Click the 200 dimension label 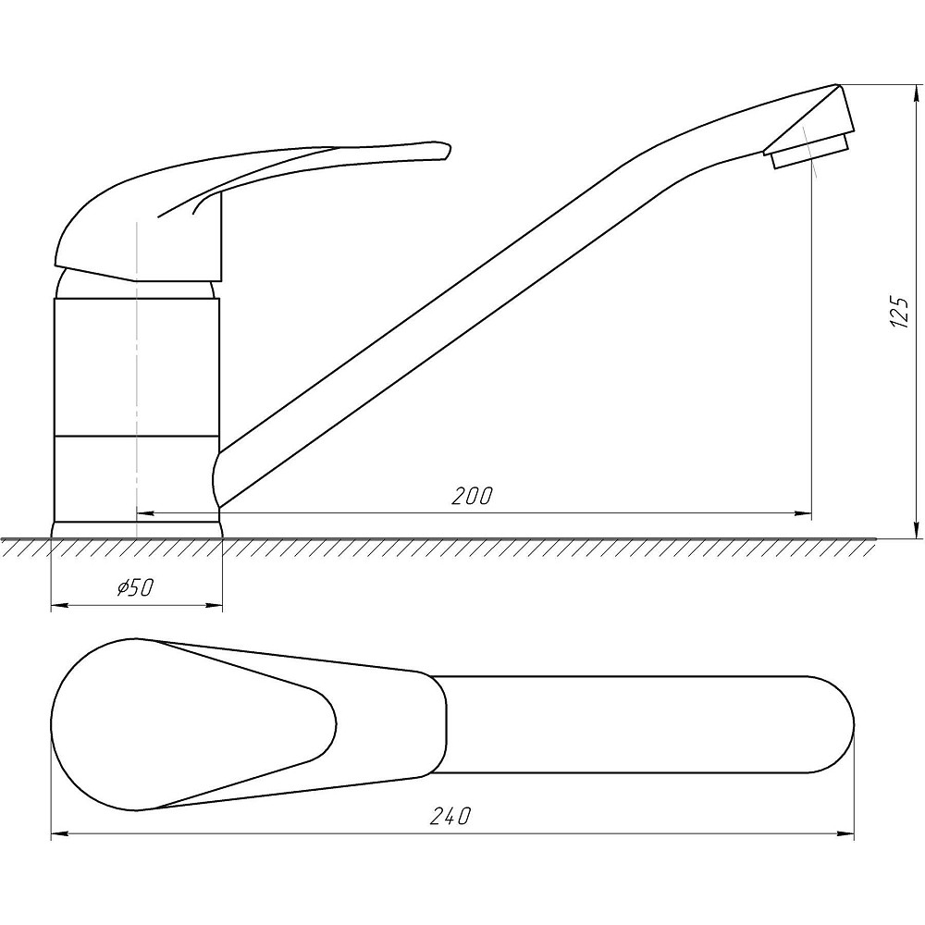(472, 496)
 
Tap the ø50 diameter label (135, 587)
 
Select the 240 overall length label (450, 817)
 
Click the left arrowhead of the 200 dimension (145, 513)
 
